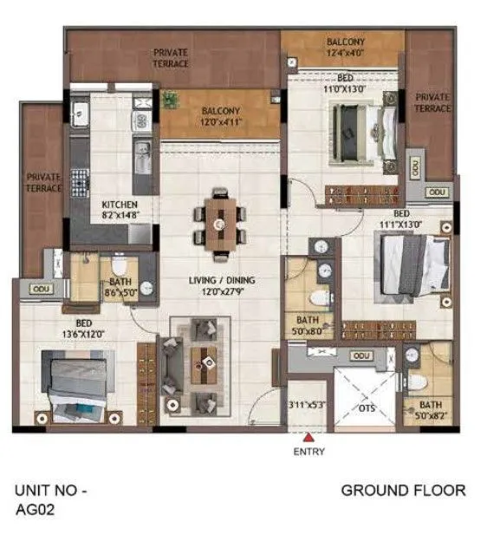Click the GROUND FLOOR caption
[403, 491]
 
